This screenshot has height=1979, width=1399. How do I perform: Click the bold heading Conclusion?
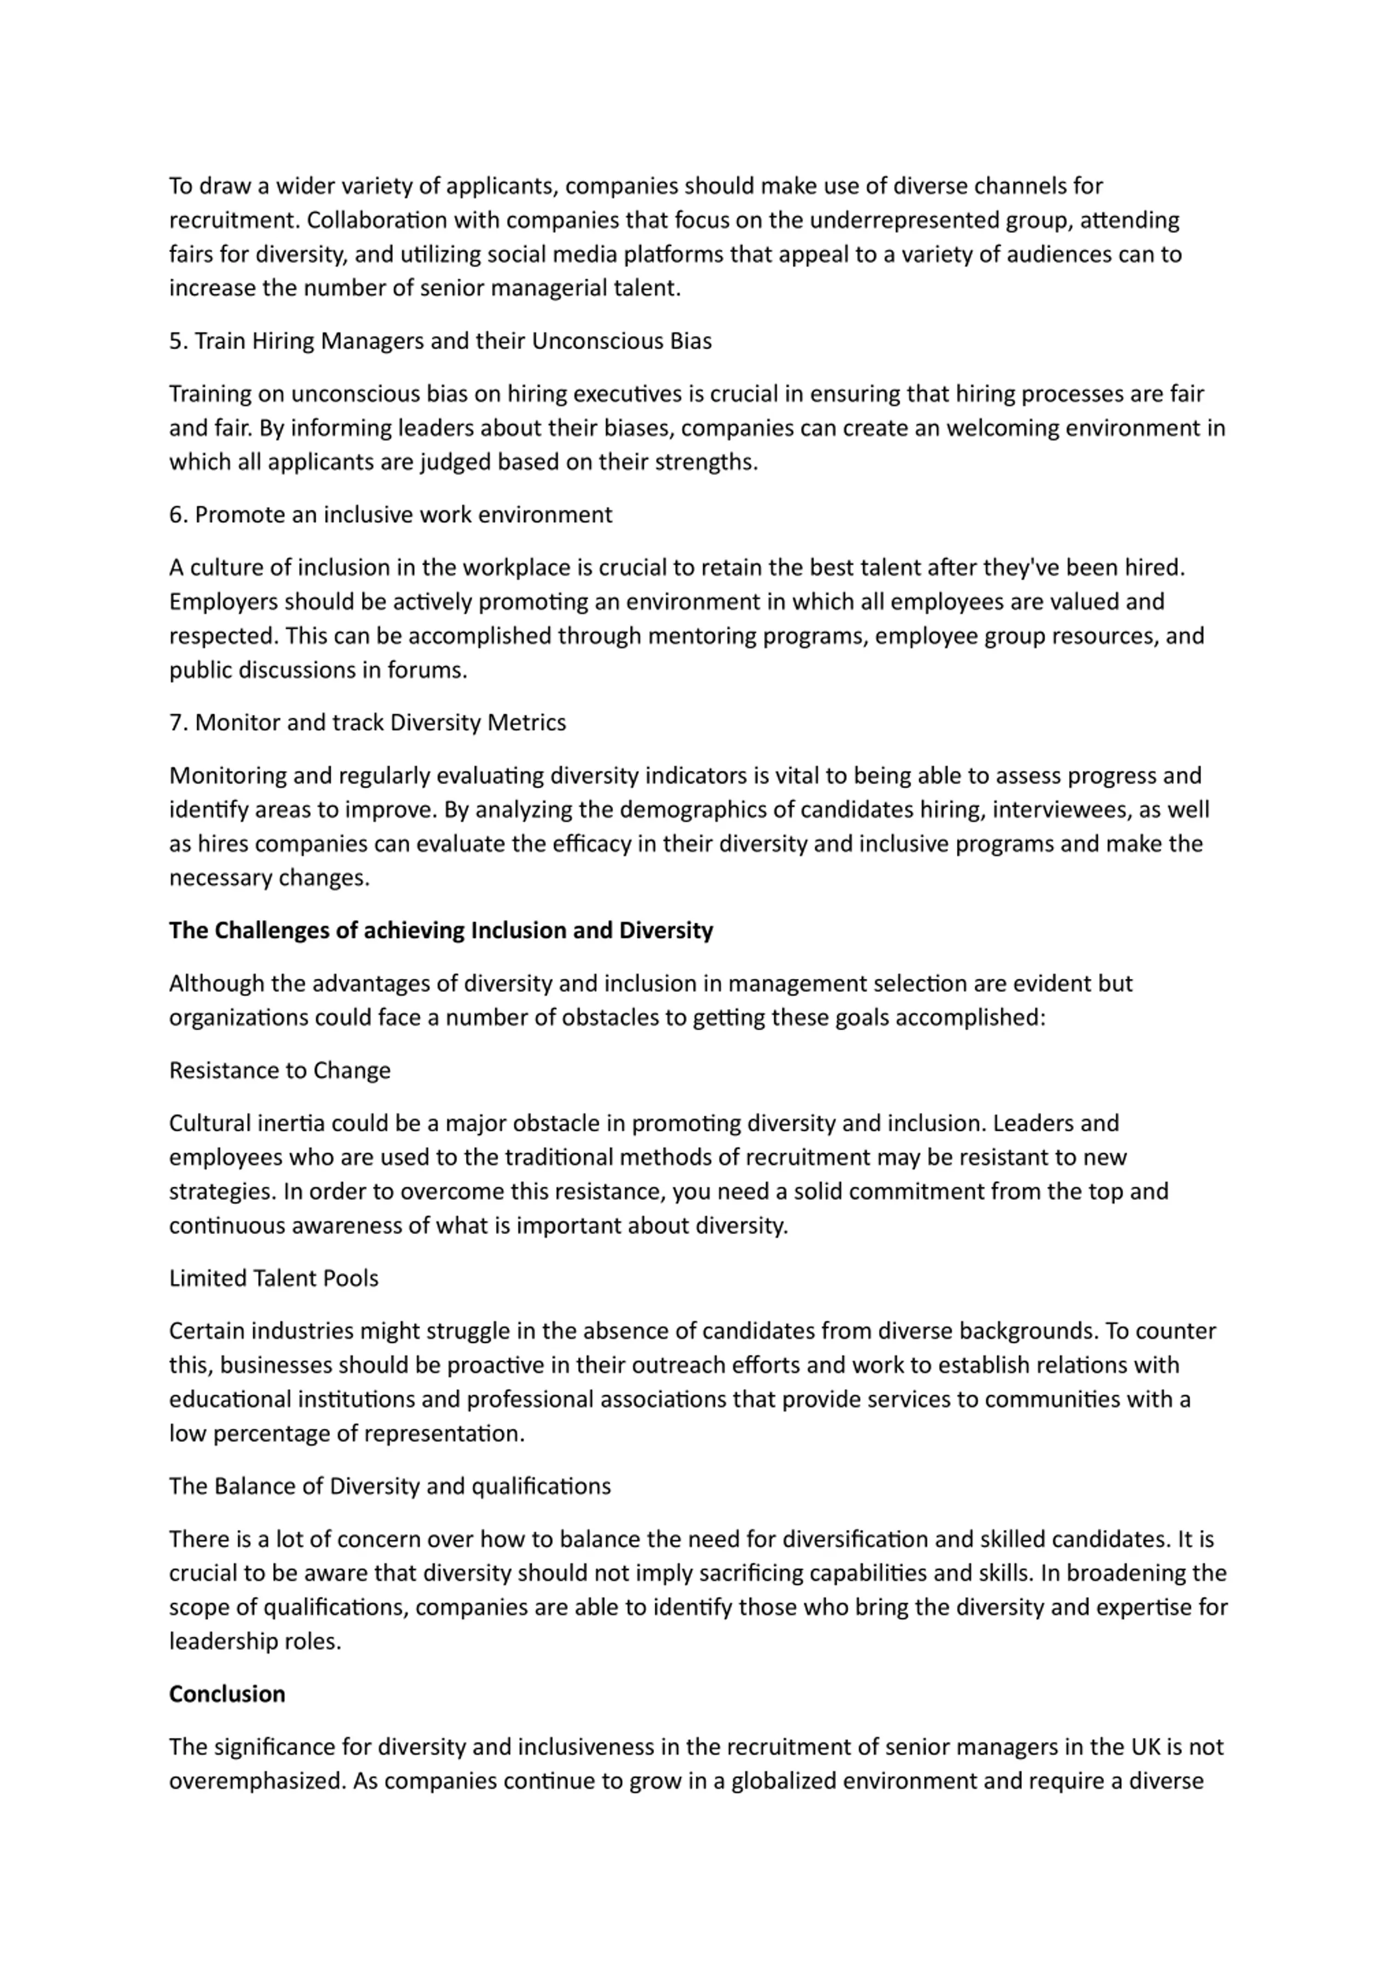[x=227, y=1694]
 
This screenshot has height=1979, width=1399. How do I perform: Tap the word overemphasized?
[x=257, y=1781]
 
